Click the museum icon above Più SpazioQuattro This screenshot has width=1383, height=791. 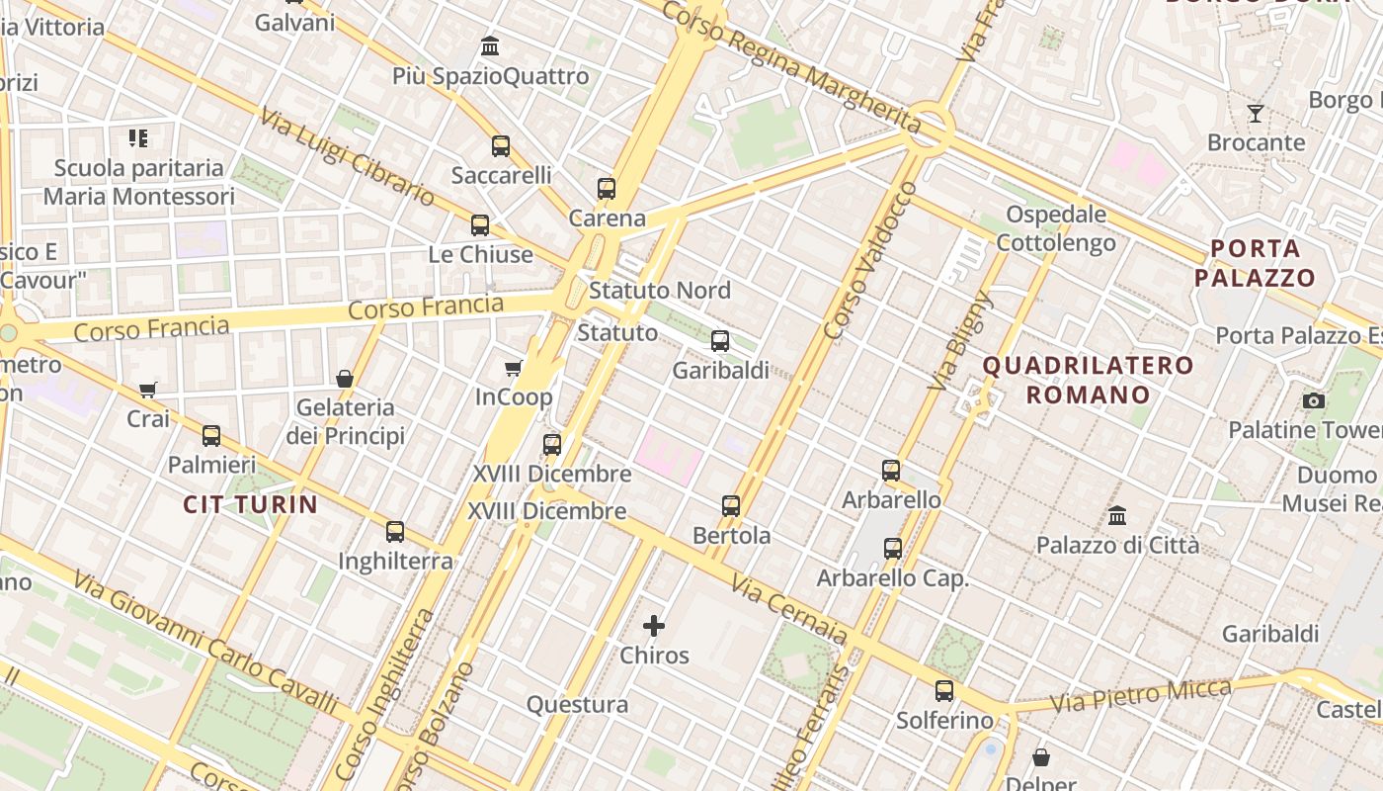coord(490,46)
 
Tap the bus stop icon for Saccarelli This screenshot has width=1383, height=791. coord(501,146)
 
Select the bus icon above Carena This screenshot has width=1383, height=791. coord(607,188)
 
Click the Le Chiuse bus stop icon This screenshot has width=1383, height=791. coord(480,224)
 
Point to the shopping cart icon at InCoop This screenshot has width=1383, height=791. coord(513,369)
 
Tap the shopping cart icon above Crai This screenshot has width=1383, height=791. coord(148,390)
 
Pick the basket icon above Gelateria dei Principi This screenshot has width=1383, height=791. coord(345,379)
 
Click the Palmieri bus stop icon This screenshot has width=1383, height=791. coord(211,435)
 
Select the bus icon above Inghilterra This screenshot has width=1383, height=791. coord(395,532)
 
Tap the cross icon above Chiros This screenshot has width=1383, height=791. coord(654,626)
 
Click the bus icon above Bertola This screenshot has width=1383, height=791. coord(731,506)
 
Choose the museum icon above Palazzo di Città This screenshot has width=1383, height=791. coord(1117,515)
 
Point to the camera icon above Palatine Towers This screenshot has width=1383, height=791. coord(1314,400)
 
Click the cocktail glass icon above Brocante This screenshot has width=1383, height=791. coord(1256,114)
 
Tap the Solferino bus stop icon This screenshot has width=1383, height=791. coord(944,691)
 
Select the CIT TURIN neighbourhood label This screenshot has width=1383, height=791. coord(251,505)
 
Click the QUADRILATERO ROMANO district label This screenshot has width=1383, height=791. coord(1088,380)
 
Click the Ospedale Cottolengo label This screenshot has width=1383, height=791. coord(1056,228)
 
